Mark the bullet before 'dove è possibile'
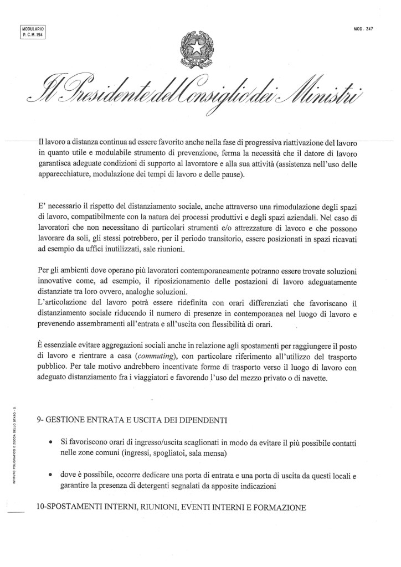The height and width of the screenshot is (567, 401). [50, 476]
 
